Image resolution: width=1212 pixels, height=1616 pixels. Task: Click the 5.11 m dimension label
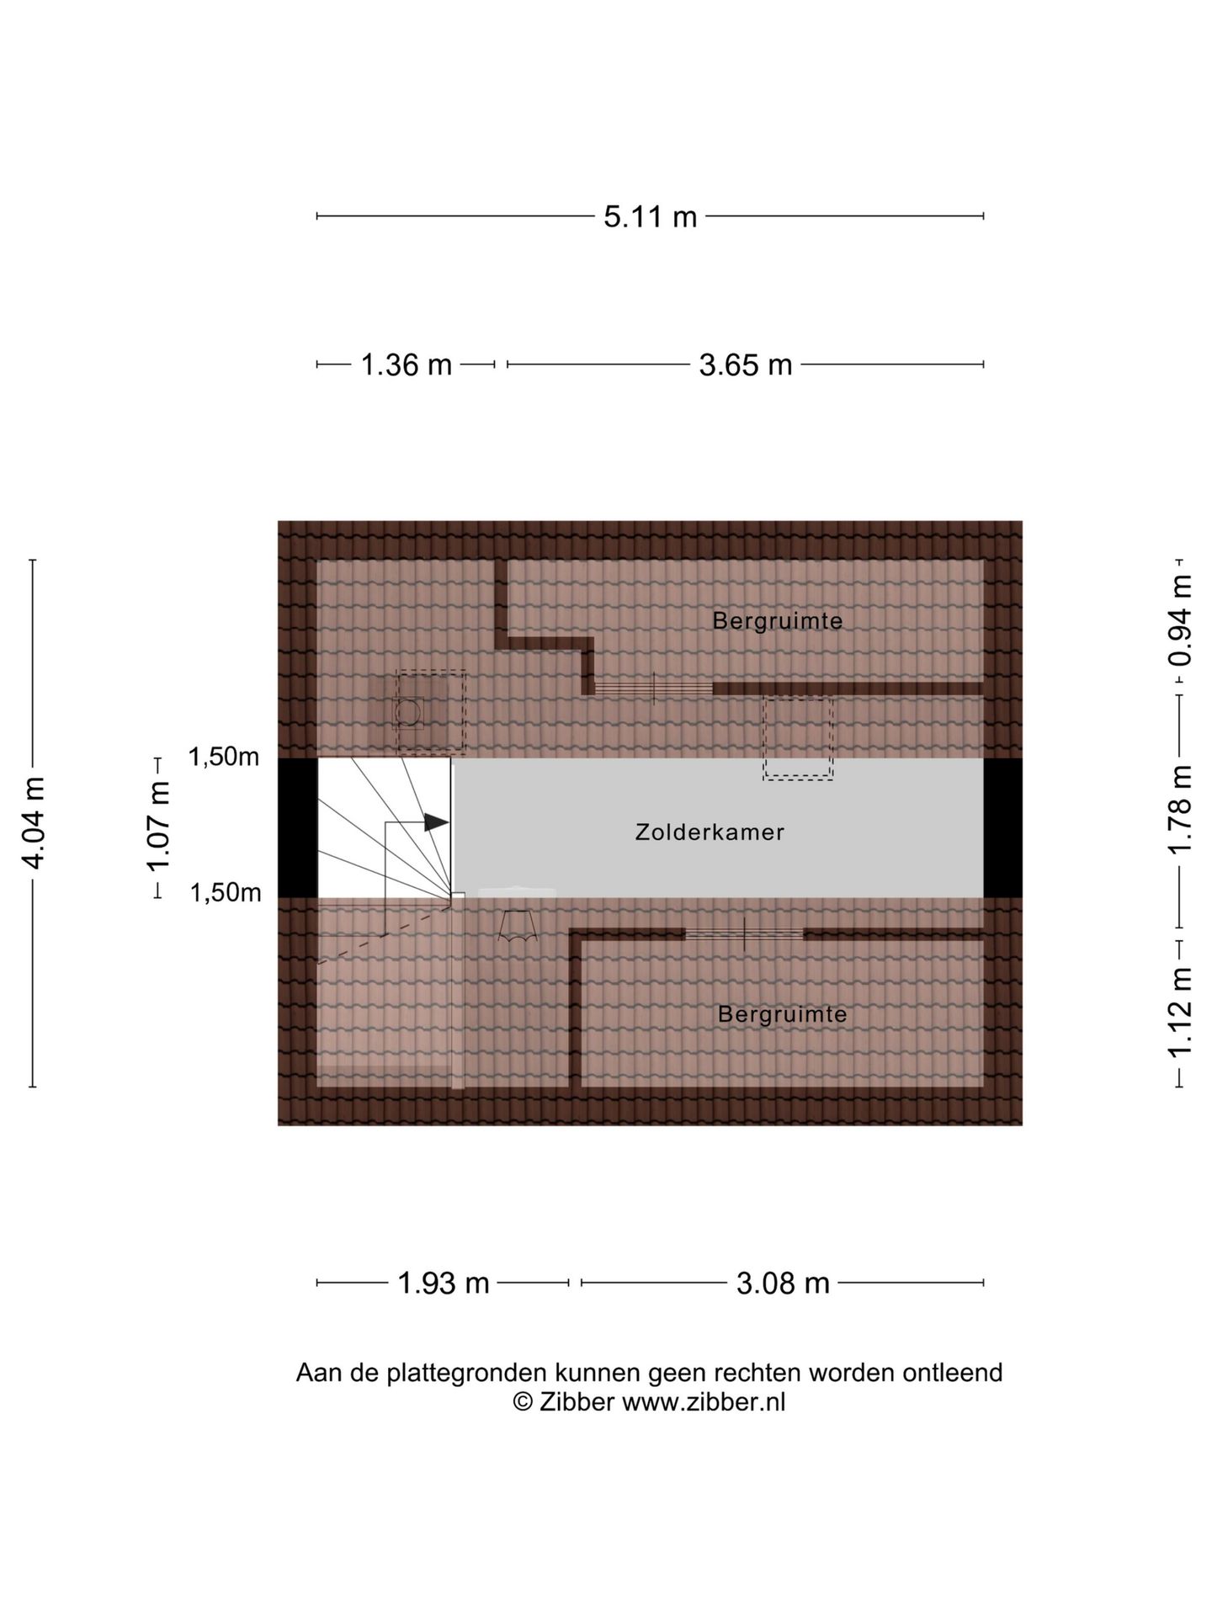pyautogui.click(x=650, y=217)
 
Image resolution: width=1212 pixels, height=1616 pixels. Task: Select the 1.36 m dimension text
pyautogui.click(x=406, y=365)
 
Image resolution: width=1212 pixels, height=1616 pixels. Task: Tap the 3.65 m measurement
pyautogui.click(x=746, y=365)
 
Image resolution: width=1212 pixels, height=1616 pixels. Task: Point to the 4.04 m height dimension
pyautogui.click(x=35, y=823)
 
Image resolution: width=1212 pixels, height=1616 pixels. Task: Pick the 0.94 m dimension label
pyautogui.click(x=1181, y=620)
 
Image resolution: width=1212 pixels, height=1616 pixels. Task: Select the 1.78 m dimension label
pyautogui.click(x=1181, y=809)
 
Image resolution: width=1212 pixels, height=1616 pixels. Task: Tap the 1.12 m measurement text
pyautogui.click(x=1181, y=1013)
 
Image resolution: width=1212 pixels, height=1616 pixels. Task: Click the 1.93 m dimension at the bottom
pyautogui.click(x=443, y=1284)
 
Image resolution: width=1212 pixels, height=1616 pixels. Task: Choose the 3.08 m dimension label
pyautogui.click(x=783, y=1284)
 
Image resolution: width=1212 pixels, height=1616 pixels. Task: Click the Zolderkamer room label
pyautogui.click(x=710, y=832)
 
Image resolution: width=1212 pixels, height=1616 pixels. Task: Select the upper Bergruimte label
pyautogui.click(x=777, y=621)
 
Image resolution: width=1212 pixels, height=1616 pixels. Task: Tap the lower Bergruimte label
pyautogui.click(x=782, y=1014)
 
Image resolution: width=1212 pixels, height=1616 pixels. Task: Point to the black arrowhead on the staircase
pyautogui.click(x=436, y=822)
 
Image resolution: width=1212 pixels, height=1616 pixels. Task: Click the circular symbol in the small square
pyautogui.click(x=408, y=713)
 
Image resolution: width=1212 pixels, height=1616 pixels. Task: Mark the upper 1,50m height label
pyautogui.click(x=224, y=757)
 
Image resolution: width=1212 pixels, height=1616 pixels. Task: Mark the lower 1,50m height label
pyautogui.click(x=226, y=893)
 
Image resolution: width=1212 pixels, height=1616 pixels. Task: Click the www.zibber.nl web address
pyautogui.click(x=704, y=1402)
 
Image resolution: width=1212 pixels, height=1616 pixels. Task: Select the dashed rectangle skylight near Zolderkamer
pyautogui.click(x=798, y=737)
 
